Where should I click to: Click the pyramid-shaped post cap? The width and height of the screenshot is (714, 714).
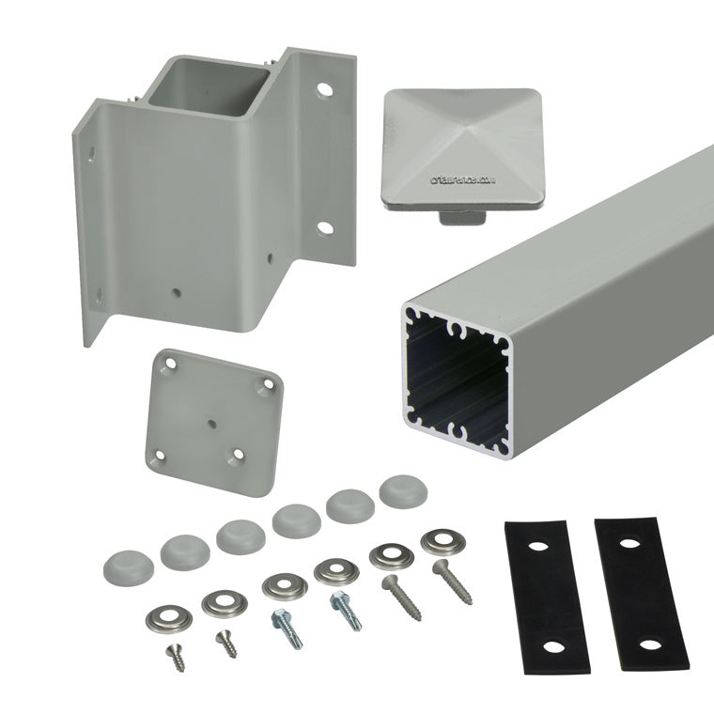click(450, 138)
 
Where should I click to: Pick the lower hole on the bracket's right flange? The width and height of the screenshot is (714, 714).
click(323, 227)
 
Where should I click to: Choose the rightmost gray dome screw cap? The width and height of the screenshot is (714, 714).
click(399, 491)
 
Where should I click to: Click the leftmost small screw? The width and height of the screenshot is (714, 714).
click(175, 657)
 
